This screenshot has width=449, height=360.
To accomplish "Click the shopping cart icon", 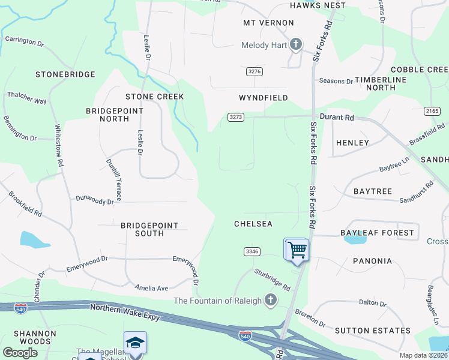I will [296, 250].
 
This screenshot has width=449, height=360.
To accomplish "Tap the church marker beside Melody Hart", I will [295, 44].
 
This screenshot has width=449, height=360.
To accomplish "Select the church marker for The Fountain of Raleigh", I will [270, 301].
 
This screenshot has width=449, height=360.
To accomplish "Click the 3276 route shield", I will [255, 71].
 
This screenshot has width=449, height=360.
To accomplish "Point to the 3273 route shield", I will [236, 117].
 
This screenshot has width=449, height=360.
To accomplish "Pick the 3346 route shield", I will [252, 251].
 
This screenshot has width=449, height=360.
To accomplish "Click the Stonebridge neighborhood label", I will [65, 74].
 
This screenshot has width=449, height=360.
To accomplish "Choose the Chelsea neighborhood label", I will [253, 224].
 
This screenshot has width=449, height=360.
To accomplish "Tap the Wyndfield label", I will [264, 97].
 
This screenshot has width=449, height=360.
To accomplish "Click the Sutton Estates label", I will [373, 331].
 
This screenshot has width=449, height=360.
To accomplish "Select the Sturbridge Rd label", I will [272, 279].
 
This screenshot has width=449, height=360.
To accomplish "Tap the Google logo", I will [20, 353].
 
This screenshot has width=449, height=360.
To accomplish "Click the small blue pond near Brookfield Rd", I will [35, 240].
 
